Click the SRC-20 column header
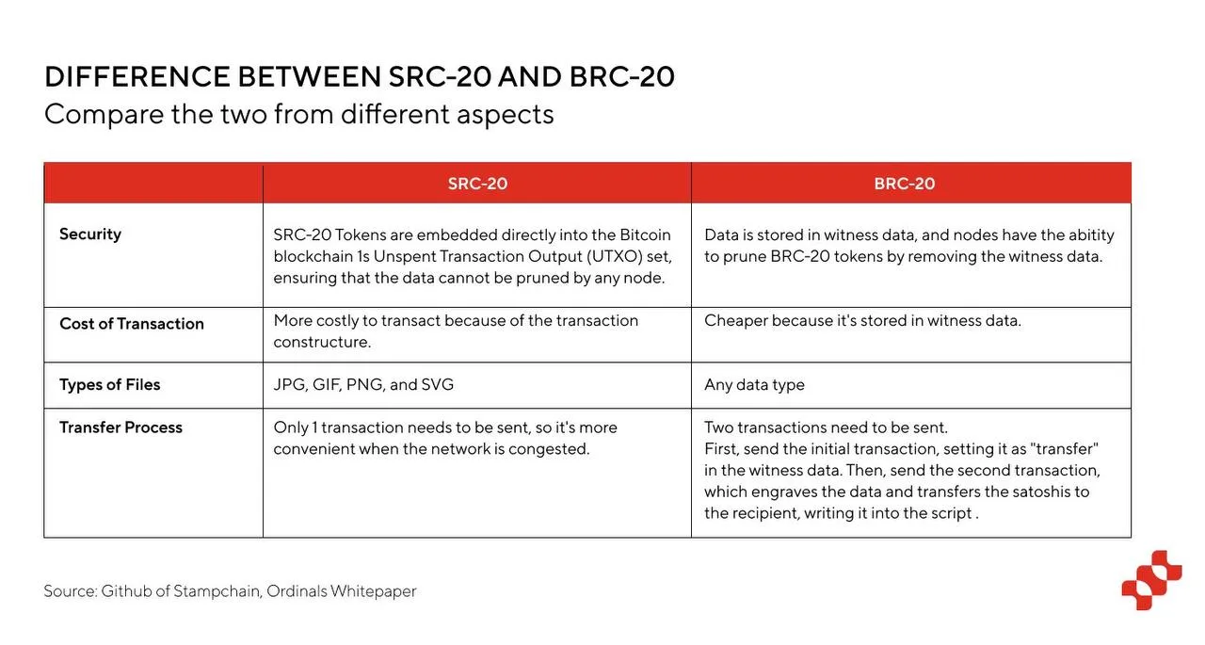tap(477, 184)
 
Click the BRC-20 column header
tap(905, 184)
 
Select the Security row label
tap(90, 234)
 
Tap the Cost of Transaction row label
tap(132, 324)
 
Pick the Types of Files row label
tap(110, 384)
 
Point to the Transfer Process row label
tap(121, 427)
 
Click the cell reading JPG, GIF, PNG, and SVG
tap(363, 384)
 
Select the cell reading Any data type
tap(754, 385)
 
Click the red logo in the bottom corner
tap(1151, 580)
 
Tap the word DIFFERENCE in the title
tap(137, 76)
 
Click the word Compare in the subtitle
tap(104, 115)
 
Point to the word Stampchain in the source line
tap(217, 591)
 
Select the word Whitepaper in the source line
tap(374, 591)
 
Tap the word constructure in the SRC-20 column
tap(322, 342)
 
